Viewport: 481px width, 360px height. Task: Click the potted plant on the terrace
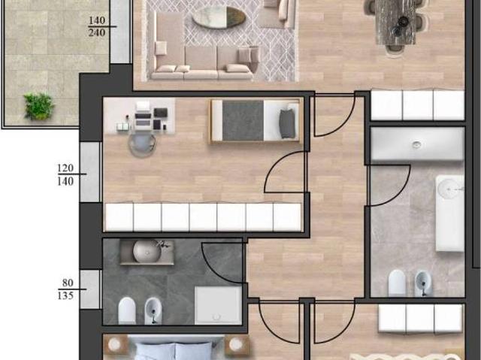[x=39, y=107]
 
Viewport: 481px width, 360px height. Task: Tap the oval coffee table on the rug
[x=219, y=18]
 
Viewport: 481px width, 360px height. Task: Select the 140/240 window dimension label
[x=97, y=26]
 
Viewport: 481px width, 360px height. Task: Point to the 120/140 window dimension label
[x=65, y=174]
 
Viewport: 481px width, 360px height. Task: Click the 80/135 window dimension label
[x=65, y=289]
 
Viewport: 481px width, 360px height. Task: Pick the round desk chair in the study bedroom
[x=142, y=145]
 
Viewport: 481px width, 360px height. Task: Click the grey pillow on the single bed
[x=287, y=124]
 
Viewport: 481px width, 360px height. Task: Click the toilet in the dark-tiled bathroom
[x=127, y=310]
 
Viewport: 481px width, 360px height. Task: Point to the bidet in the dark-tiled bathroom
[x=153, y=310]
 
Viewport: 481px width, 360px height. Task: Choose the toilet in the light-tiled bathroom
[x=397, y=283]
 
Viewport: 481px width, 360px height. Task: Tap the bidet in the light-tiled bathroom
[x=423, y=283]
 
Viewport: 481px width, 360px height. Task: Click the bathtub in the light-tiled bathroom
[x=449, y=213]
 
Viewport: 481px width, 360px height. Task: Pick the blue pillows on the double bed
[x=174, y=351]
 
